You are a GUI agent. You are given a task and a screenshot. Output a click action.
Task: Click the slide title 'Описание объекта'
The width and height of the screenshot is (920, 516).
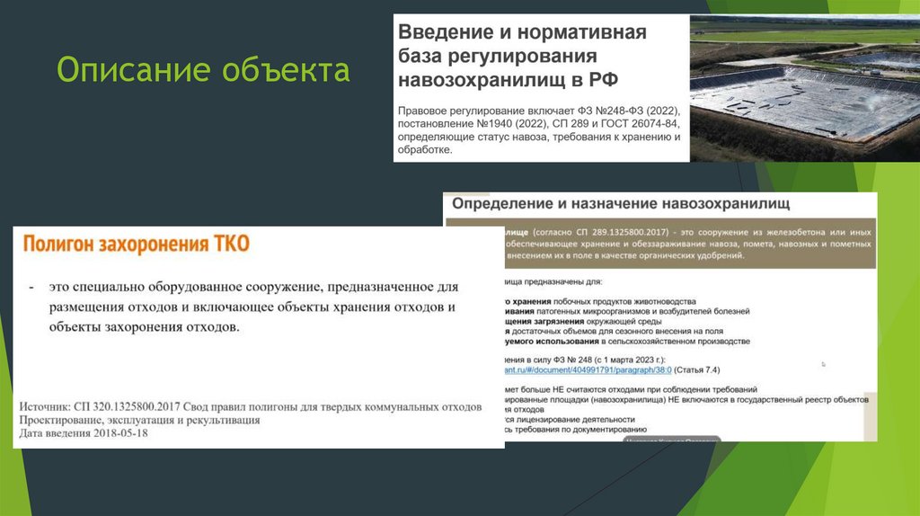point(203,70)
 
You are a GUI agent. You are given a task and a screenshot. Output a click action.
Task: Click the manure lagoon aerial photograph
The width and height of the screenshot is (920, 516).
point(805,88)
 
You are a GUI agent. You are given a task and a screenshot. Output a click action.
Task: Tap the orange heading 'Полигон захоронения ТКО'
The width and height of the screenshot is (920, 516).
point(136,244)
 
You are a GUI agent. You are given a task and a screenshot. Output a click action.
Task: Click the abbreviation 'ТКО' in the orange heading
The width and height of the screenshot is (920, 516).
point(232,244)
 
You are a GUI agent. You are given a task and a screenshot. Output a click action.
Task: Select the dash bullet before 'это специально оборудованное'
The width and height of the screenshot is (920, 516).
point(32,287)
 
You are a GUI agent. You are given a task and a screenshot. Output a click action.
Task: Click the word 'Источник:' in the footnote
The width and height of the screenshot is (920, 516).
point(44,407)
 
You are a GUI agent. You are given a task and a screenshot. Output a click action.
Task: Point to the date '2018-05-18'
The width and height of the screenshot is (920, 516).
point(119,432)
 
